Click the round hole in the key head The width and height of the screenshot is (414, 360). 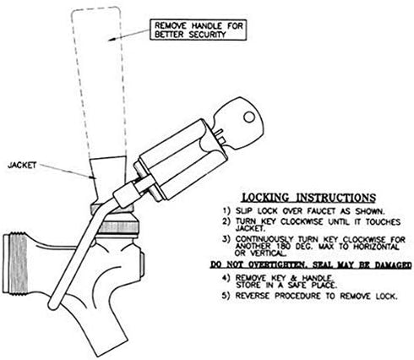click(249, 117)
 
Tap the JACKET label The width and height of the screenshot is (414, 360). click(22, 165)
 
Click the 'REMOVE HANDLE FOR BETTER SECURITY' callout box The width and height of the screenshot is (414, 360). click(199, 30)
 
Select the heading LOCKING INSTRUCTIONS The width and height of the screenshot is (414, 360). click(309, 198)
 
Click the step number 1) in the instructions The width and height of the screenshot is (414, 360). click(226, 210)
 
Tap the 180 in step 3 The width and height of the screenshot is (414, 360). click(283, 247)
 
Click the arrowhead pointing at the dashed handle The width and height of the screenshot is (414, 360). click(111, 40)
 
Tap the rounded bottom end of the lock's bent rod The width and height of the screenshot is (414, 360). click(53, 305)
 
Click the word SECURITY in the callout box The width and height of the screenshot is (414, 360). click(208, 35)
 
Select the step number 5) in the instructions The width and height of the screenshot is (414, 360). click(226, 296)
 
